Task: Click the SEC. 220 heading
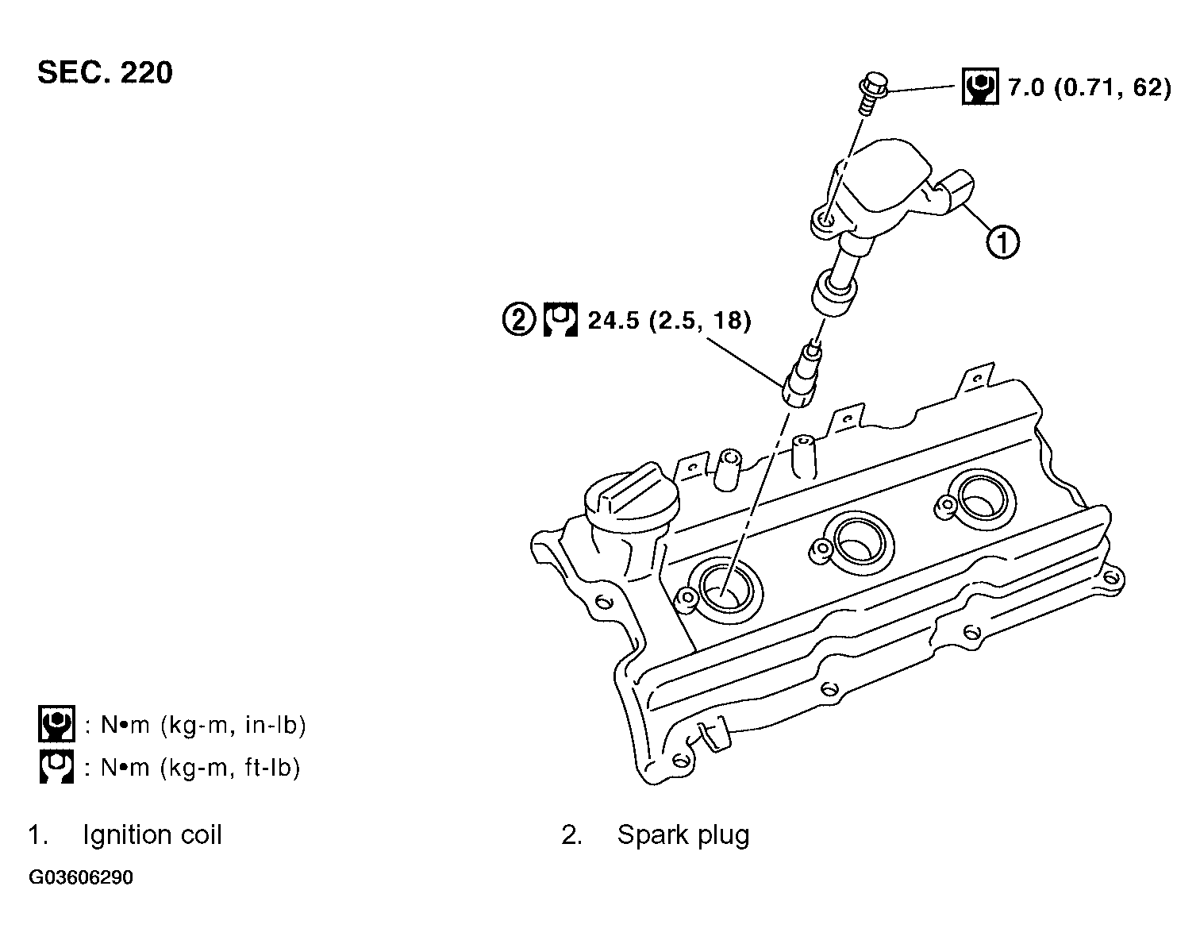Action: [x=105, y=73]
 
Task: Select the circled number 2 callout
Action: [x=518, y=320]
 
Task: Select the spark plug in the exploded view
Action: [x=801, y=376]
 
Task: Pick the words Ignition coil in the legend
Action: [x=152, y=835]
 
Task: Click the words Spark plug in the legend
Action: [x=683, y=835]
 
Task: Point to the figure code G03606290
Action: [x=81, y=878]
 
